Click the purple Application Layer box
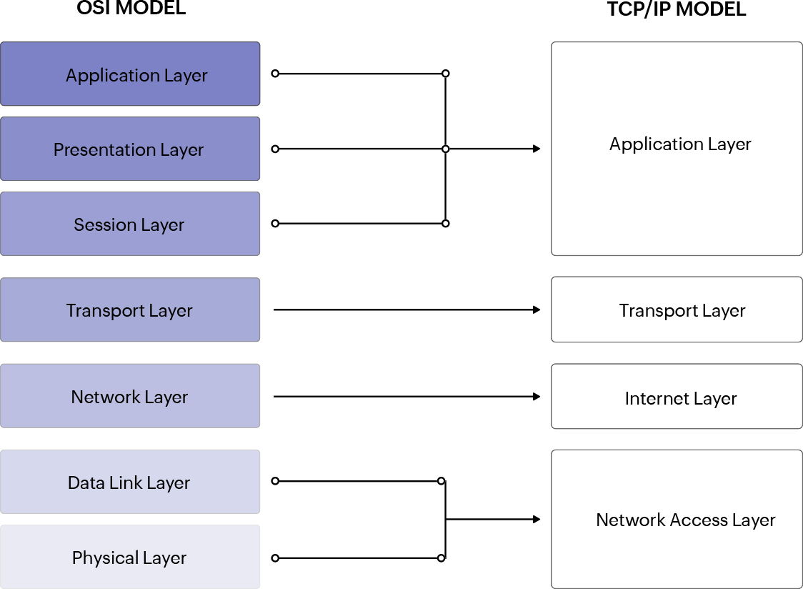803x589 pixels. [130, 74]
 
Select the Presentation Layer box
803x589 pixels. [130, 149]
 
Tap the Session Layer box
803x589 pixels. [130, 224]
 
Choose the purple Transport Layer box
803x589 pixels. [130, 310]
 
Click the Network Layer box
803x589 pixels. [130, 395]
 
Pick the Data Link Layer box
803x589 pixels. [130, 481]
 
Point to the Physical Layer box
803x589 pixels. [130, 557]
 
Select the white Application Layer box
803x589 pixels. [677, 148]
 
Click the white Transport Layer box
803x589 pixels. [677, 310]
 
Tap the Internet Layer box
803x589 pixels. [677, 397]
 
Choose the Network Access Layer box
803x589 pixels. [677, 519]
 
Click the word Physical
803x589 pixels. [105, 558]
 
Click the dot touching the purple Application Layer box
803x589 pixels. [274, 74]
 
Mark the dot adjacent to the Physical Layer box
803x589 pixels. [274, 558]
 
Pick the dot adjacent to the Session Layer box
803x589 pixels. [274, 224]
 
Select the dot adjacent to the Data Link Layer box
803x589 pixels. [274, 481]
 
